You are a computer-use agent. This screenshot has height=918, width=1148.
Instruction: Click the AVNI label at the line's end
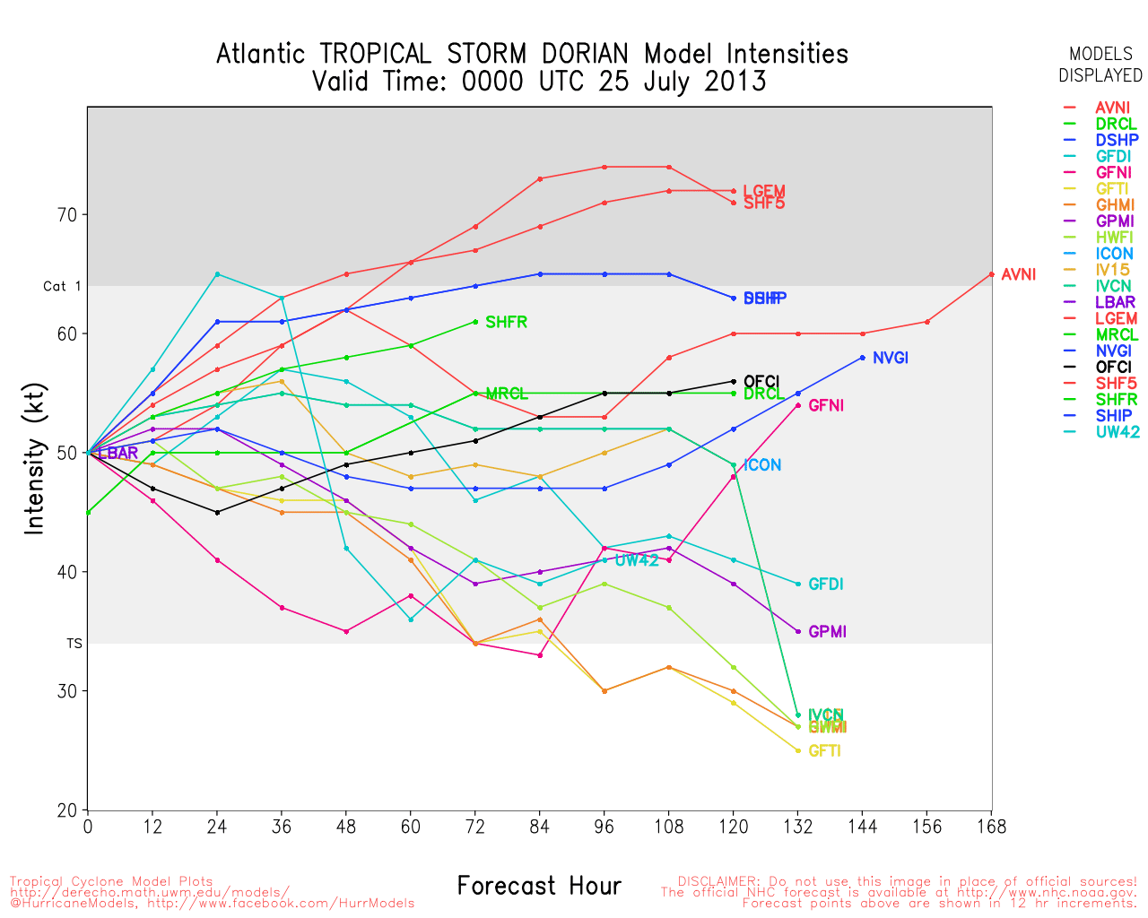[x=1018, y=274]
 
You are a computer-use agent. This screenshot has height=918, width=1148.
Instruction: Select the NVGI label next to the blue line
[x=890, y=358]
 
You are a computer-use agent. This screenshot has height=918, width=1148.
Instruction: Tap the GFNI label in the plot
[x=825, y=405]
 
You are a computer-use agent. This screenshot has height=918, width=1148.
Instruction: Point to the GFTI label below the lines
[x=824, y=751]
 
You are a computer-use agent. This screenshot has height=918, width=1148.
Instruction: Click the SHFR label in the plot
[x=506, y=322]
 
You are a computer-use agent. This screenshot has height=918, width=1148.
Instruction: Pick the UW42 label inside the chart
[x=637, y=560]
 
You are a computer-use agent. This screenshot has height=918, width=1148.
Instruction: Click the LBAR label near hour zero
[x=117, y=453]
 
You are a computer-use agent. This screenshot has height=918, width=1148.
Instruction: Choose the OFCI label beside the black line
[x=761, y=382]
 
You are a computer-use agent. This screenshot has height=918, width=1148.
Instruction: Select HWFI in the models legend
[x=1115, y=238]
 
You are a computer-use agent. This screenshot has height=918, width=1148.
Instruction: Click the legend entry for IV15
[x=1112, y=270]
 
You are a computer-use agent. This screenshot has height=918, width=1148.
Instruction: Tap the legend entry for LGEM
[x=1116, y=318]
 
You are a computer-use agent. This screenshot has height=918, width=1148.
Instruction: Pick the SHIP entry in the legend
[x=1113, y=415]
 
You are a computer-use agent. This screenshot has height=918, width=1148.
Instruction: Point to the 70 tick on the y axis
[x=68, y=215]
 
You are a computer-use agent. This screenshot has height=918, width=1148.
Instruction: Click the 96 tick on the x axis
[x=604, y=827]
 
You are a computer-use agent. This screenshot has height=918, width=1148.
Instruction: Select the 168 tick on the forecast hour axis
[x=992, y=827]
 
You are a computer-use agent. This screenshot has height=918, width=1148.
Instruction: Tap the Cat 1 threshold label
[x=62, y=286]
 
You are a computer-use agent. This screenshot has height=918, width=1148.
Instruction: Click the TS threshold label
[x=74, y=644]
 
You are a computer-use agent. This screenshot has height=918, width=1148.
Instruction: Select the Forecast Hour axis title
[x=539, y=886]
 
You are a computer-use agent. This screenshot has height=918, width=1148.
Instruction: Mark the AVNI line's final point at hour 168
[x=992, y=274]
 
